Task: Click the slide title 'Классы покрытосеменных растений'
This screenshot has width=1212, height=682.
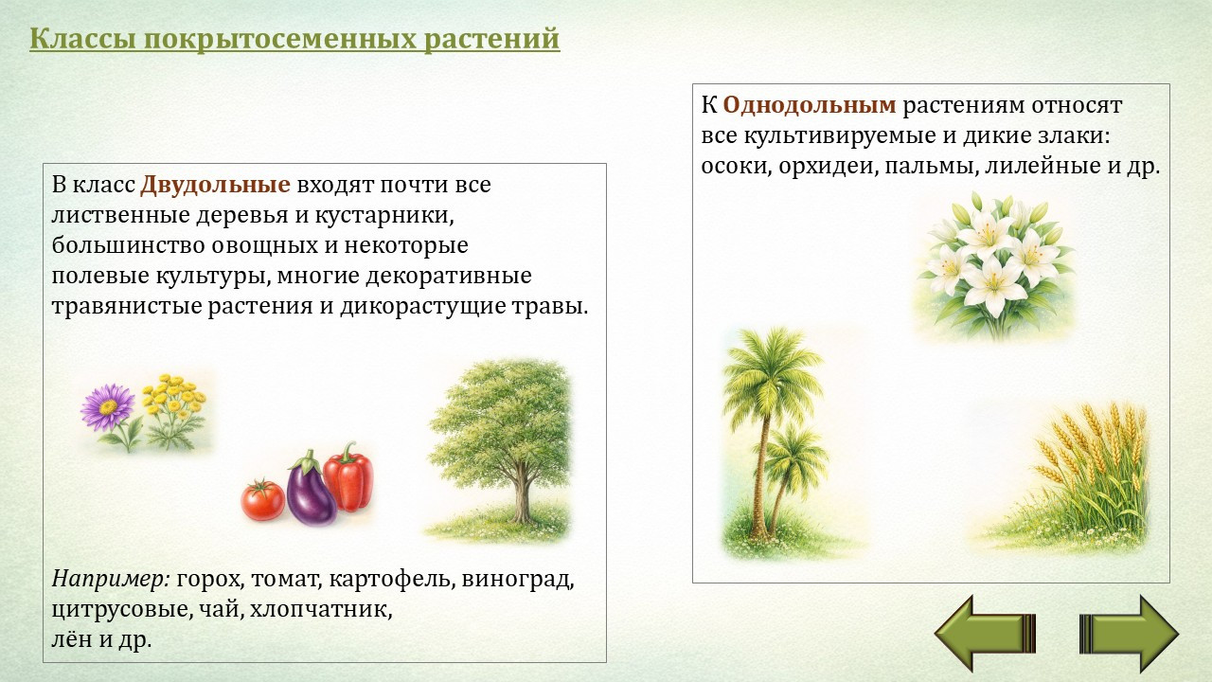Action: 294,39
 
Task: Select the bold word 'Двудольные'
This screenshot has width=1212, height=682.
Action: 215,185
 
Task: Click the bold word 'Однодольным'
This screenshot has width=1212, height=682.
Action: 810,105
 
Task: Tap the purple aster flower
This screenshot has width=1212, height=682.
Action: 107,407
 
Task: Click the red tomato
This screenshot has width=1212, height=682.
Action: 263,501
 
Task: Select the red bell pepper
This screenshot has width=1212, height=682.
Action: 349,477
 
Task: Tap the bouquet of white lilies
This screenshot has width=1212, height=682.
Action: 995,265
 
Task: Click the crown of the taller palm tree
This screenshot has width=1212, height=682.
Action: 771,366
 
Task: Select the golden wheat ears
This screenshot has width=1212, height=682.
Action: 1093,444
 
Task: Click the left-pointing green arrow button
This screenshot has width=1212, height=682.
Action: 985,634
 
